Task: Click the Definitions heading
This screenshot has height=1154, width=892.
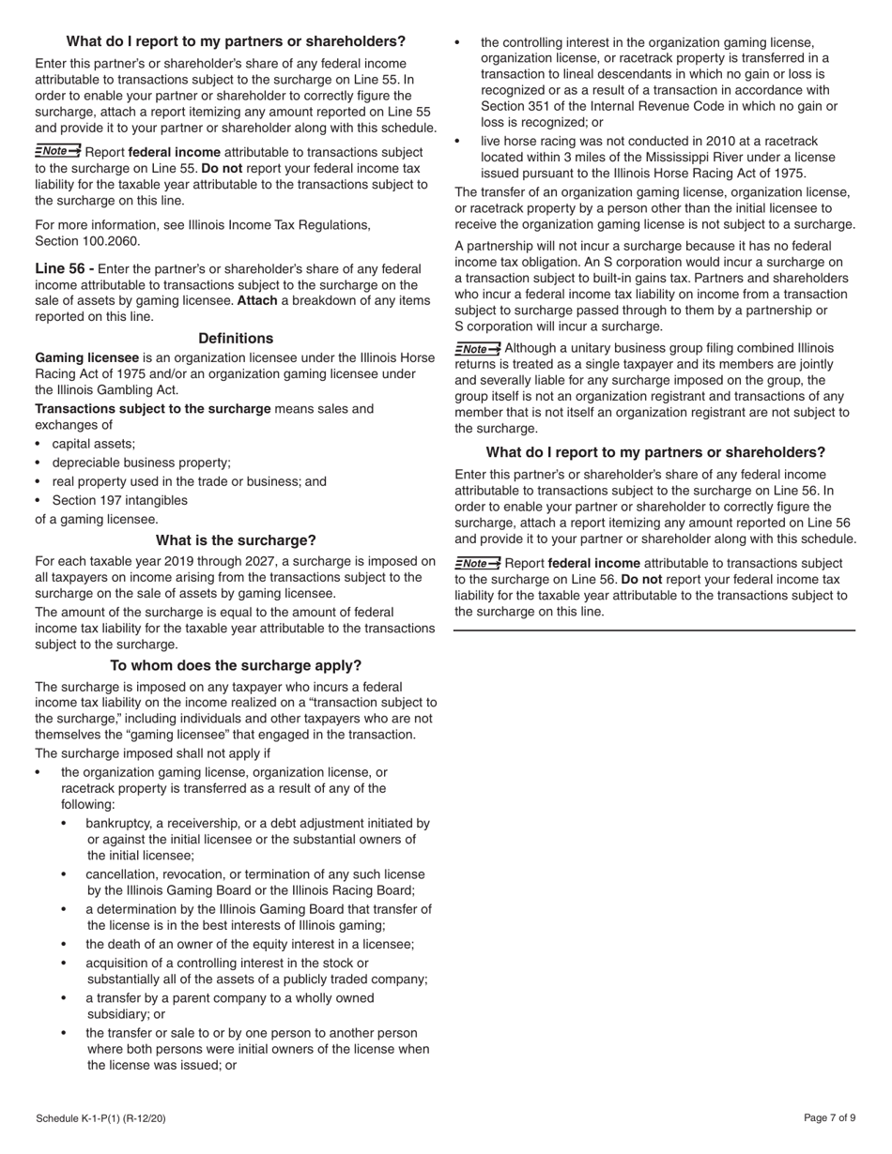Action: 236,338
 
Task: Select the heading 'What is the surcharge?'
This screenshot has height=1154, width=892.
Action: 236,540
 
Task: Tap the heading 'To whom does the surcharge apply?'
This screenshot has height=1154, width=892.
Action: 236,665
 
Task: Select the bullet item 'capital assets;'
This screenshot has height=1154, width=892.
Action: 94,444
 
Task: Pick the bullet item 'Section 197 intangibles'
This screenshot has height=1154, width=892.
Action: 119,500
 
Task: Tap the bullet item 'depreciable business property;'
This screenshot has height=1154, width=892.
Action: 141,463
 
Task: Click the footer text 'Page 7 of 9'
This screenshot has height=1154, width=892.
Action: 829,1117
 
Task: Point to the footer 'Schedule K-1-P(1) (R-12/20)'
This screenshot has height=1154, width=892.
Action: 101,1118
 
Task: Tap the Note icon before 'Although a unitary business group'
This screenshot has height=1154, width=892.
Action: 478,349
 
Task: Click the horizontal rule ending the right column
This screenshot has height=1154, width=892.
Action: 654,630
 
